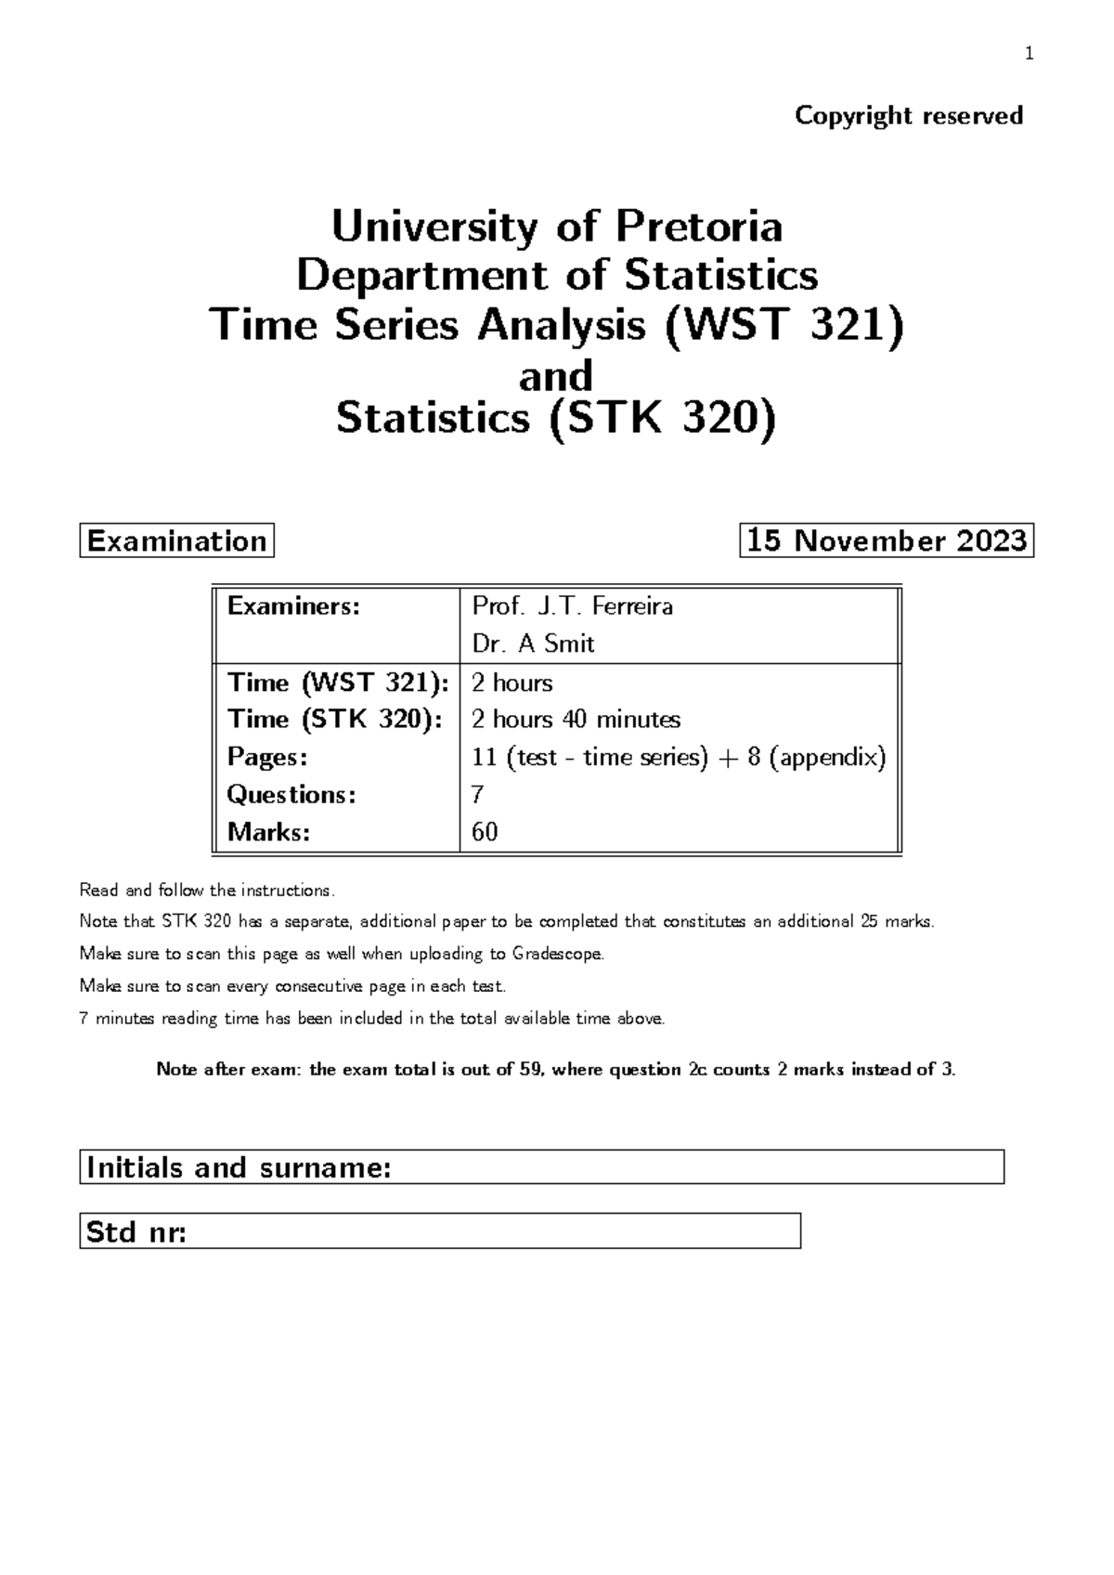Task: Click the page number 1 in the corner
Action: point(1028,54)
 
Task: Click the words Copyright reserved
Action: point(909,115)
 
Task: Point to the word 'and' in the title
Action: point(555,375)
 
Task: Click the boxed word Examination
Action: point(176,540)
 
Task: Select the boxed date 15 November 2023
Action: point(887,540)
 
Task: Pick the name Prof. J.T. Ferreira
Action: point(572,606)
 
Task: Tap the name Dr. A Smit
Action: point(533,644)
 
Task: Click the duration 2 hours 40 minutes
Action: point(576,720)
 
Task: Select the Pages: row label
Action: point(266,757)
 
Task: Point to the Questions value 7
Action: point(478,795)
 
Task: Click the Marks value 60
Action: point(485,832)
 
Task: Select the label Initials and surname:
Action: point(238,1167)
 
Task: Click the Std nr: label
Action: point(136,1232)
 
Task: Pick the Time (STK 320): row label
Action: point(334,720)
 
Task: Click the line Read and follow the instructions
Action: point(205,891)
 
